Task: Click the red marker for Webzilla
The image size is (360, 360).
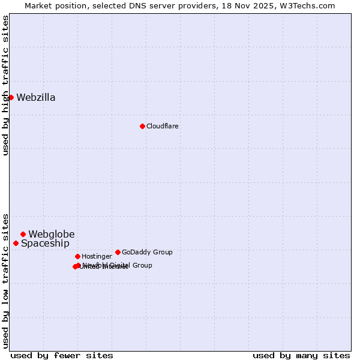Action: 11,97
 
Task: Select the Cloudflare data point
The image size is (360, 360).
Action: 142,126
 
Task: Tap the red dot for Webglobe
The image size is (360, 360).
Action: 23,234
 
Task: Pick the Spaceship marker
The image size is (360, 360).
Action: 16,243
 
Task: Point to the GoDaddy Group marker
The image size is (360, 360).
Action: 118,252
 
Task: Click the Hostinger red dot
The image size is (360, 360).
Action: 77,256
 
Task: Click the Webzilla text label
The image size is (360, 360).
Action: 36,98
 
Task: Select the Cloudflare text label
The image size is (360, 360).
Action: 163,127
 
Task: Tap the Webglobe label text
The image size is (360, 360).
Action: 52,235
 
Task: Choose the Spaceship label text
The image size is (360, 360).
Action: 45,244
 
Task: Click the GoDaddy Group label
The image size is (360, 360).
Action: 147,253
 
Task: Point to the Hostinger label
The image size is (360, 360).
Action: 97,257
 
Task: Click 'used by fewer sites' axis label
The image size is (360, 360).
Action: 62,355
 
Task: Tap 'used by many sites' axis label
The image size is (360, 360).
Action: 301,355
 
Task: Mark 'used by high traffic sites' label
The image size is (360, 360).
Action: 6,85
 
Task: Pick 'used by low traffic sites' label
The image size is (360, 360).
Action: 6,280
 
